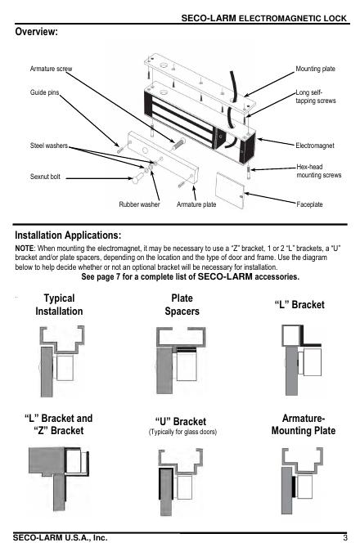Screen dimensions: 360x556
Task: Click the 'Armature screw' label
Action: tap(51, 69)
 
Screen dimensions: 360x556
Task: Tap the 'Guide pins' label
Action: tap(44, 92)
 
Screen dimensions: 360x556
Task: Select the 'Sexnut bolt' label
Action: tap(45, 177)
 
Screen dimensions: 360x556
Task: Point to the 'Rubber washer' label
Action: tap(139, 204)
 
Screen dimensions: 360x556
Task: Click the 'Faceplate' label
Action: tap(309, 204)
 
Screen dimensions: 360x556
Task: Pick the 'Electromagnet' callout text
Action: tap(315, 146)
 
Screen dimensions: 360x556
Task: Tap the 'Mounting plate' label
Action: tap(315, 69)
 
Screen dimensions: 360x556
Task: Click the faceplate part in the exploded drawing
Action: tap(230, 191)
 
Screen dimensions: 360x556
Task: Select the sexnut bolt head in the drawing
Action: tap(136, 180)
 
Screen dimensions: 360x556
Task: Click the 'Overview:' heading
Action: tap(36, 32)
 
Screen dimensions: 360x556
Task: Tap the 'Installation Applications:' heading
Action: tap(68, 235)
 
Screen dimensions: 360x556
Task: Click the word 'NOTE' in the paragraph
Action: tap(24, 249)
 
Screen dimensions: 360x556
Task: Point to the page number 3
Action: tap(345, 538)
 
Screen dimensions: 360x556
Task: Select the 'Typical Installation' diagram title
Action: tap(59, 305)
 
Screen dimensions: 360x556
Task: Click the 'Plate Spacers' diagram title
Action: tap(182, 305)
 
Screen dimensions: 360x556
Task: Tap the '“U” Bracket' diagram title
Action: tap(181, 422)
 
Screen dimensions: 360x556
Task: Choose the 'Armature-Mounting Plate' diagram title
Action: tap(304, 424)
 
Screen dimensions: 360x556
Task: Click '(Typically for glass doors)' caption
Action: tap(182, 432)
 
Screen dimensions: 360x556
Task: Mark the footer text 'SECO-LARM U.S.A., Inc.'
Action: tap(61, 538)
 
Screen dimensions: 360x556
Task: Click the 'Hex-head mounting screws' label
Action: tap(319, 171)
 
